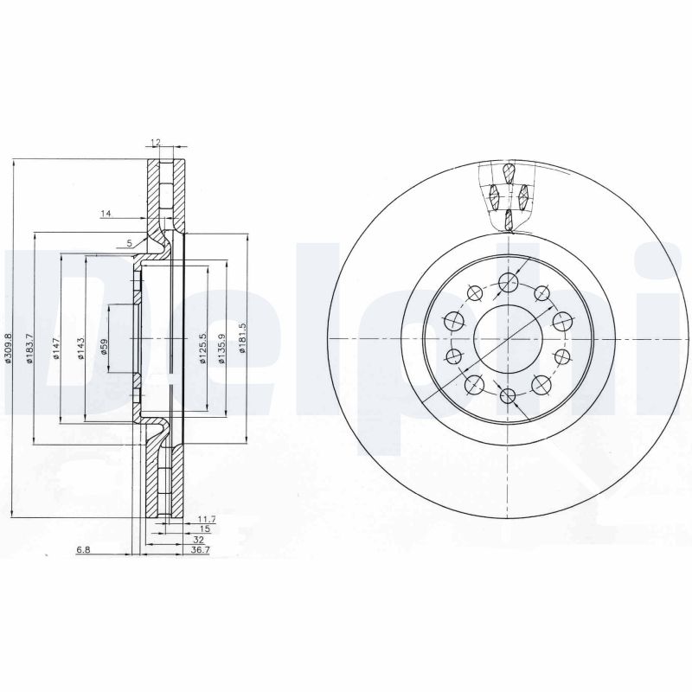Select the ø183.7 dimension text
(x=30, y=349)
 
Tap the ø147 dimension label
(x=56, y=349)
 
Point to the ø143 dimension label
(x=80, y=349)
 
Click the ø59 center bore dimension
(x=104, y=348)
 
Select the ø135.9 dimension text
(x=222, y=349)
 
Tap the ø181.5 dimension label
(x=244, y=349)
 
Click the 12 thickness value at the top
(x=156, y=142)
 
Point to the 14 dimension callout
(x=106, y=213)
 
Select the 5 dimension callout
(x=129, y=242)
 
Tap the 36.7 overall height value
(x=201, y=549)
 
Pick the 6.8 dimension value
(x=83, y=549)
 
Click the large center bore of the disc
(x=507, y=337)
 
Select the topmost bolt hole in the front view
(x=508, y=279)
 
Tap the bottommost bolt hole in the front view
(x=508, y=396)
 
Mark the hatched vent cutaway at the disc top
(x=508, y=195)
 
